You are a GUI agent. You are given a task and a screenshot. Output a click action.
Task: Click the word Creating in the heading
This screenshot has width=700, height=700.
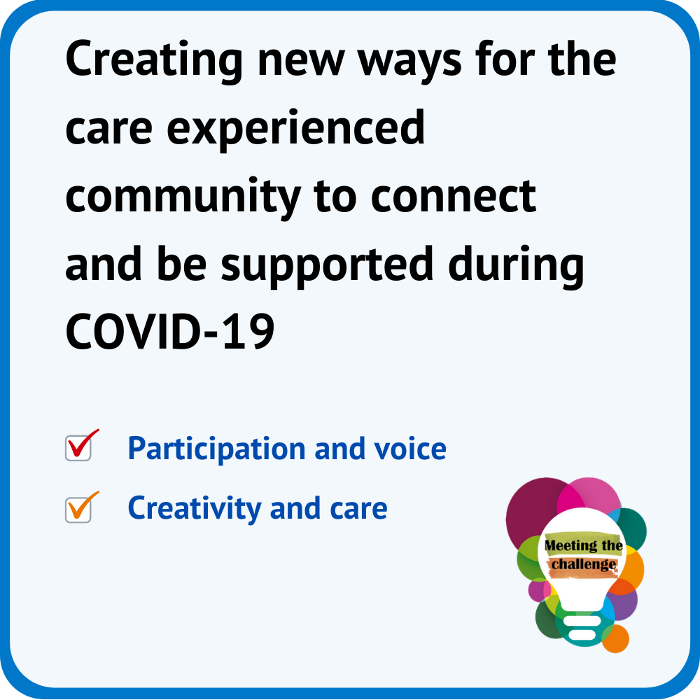154,60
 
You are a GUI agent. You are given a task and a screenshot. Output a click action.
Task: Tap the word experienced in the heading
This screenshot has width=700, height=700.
295,129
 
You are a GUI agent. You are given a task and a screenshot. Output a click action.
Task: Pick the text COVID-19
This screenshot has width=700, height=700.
169,332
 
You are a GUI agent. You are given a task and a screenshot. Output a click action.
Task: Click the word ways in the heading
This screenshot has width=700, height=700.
409,62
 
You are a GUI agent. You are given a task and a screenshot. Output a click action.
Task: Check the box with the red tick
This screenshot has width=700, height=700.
78,448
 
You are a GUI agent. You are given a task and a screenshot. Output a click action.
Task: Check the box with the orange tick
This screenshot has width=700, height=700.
78,510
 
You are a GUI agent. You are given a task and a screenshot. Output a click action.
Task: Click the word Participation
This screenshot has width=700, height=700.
216,449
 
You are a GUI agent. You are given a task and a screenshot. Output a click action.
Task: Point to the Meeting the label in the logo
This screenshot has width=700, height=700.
584,545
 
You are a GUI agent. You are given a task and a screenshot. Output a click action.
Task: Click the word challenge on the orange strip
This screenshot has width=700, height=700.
584,565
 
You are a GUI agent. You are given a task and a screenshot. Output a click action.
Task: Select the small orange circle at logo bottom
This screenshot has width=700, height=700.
616,639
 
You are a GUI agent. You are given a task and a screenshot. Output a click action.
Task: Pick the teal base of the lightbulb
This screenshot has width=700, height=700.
582,627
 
